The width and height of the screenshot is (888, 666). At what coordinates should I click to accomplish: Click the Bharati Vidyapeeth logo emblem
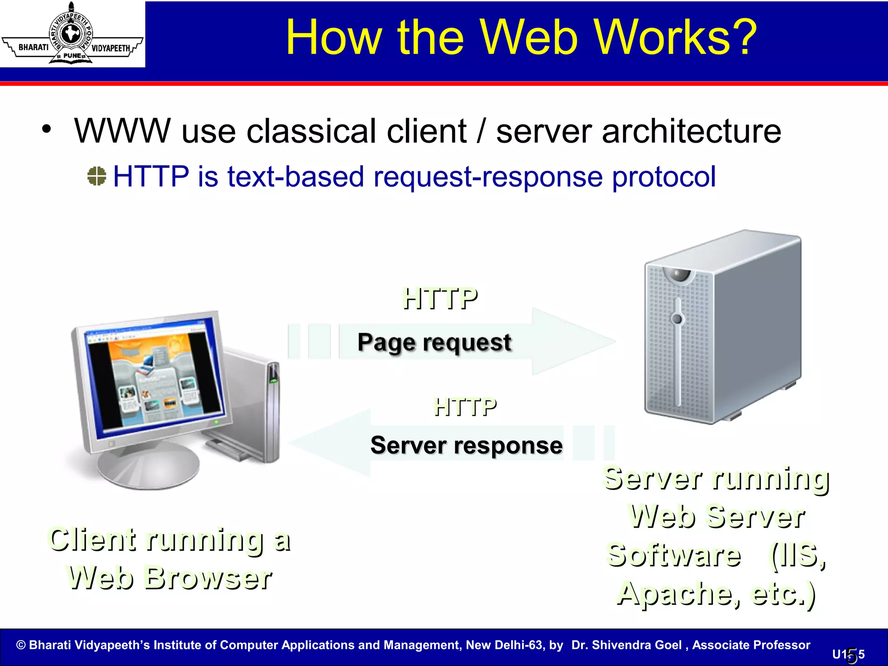click(x=72, y=33)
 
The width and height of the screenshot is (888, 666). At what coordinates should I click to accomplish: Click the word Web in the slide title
click(x=529, y=38)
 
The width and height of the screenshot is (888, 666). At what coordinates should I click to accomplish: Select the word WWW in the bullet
click(x=123, y=131)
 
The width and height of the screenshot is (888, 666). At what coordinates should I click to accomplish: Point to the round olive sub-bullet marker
click(x=96, y=176)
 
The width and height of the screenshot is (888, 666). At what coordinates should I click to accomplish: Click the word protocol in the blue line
click(x=663, y=177)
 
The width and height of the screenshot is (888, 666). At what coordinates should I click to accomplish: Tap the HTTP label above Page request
click(x=440, y=299)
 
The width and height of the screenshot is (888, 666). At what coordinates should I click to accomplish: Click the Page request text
click(x=434, y=342)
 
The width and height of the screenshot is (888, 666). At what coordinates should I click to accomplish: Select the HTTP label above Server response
click(x=465, y=407)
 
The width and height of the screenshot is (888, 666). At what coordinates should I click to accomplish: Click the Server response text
click(x=467, y=445)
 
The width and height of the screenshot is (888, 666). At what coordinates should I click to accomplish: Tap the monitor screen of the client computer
click(x=156, y=377)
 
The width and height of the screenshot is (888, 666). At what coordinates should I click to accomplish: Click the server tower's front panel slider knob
click(x=677, y=320)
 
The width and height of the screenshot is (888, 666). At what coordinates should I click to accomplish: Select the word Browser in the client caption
click(x=208, y=578)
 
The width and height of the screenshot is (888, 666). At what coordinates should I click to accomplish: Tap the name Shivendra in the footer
click(x=637, y=645)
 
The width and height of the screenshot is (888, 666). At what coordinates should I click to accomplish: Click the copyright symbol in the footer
click(x=21, y=645)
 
